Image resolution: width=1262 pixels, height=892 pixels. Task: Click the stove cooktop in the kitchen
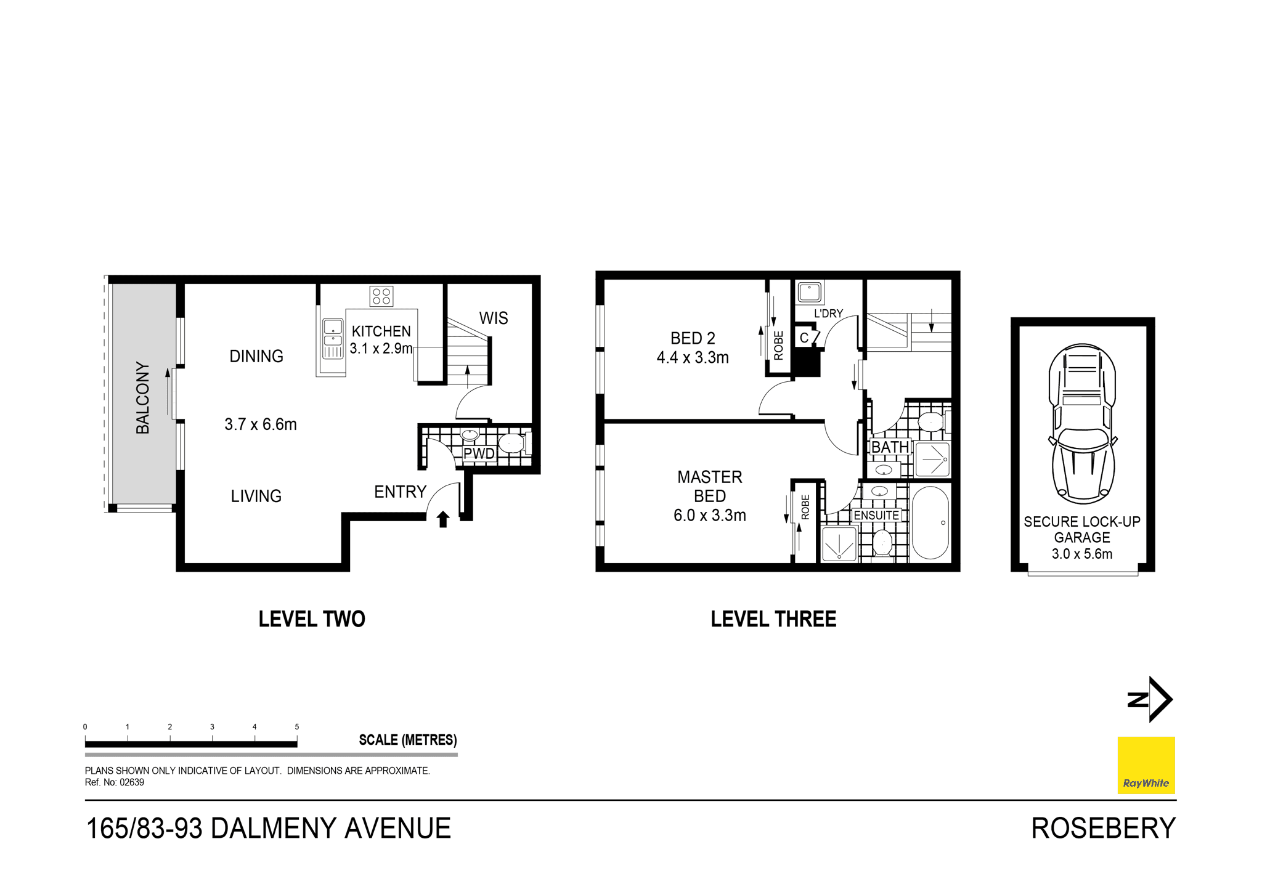point(381,296)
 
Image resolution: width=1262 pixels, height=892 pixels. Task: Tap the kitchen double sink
point(333,338)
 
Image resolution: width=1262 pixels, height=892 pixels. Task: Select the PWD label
point(479,454)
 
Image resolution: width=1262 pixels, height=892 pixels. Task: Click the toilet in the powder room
point(513,443)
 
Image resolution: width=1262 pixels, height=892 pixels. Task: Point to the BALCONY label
point(143,398)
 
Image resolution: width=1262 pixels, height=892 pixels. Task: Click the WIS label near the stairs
point(494,318)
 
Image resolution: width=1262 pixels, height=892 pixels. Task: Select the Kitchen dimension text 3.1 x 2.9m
point(381,349)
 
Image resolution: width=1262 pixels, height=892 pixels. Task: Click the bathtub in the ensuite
point(930,523)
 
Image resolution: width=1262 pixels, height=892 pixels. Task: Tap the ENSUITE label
point(876,516)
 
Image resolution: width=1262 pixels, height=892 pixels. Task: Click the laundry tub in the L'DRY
point(809,293)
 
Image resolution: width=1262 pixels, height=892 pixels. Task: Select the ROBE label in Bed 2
point(779,345)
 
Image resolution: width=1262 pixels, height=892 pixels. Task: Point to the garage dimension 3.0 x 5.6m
point(1082,554)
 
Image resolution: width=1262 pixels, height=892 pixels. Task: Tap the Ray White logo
point(1146,765)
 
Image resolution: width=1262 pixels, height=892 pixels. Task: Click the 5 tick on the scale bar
point(297,728)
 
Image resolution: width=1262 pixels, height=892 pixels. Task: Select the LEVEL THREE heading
point(773,619)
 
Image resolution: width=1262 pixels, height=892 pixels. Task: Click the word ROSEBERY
point(1103,829)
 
